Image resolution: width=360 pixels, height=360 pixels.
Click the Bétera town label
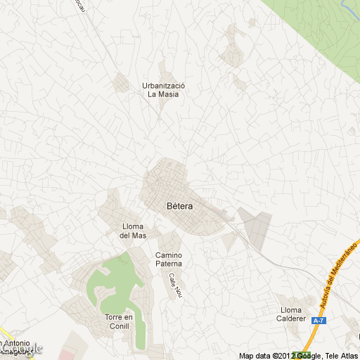pyautogui.click(x=180, y=207)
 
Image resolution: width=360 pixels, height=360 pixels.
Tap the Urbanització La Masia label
pyautogui.click(x=163, y=90)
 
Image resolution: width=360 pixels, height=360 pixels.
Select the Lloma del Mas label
pyautogui.click(x=134, y=231)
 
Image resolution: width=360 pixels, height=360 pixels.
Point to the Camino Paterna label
pyautogui.click(x=169, y=259)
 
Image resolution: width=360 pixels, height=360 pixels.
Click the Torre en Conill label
pyautogui.click(x=118, y=322)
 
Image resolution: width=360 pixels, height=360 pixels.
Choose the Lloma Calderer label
pyautogui.click(x=294, y=314)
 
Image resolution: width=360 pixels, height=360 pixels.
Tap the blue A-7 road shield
pyautogui.click(x=319, y=321)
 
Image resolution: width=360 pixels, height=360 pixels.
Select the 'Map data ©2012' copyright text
pyautogui.click(x=266, y=356)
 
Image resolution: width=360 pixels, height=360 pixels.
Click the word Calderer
pyautogui.click(x=294, y=319)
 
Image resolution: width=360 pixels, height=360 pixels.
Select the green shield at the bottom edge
pyautogui.click(x=302, y=355)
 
